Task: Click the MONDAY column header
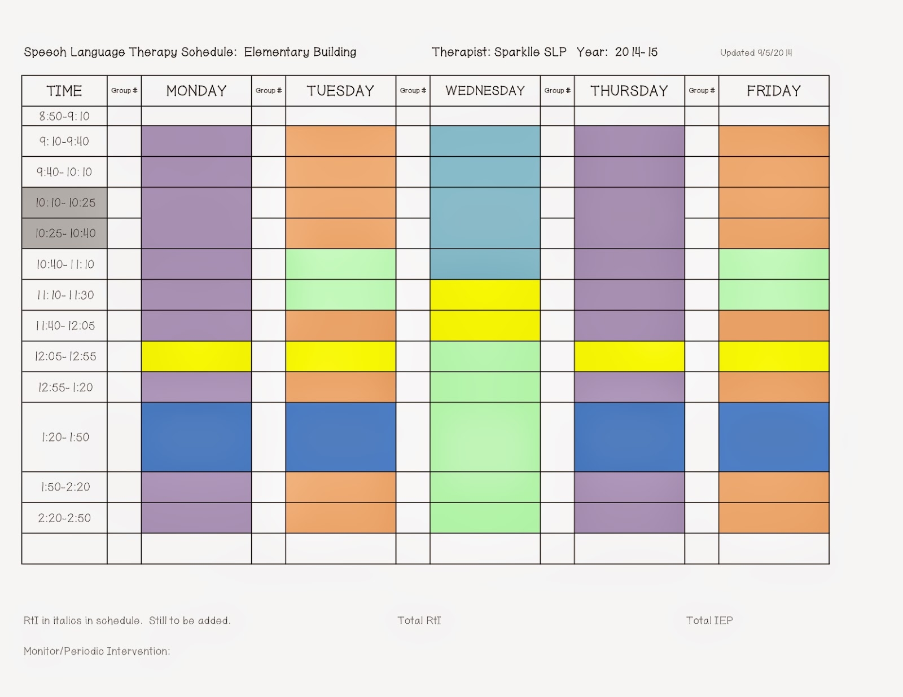point(196,91)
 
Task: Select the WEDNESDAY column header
point(485,91)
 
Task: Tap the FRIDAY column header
point(773,91)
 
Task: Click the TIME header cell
point(64,91)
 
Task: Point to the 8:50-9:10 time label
point(64,116)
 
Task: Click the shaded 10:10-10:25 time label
point(65,202)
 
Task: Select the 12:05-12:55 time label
point(65,356)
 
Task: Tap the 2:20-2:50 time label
point(64,518)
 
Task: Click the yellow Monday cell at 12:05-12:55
point(196,356)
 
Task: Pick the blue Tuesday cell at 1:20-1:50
point(340,437)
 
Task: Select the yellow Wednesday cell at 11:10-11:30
point(485,294)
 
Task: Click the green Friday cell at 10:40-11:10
point(773,264)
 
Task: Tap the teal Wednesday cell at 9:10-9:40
point(485,141)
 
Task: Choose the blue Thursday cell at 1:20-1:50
point(629,437)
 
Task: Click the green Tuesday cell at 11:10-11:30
point(340,294)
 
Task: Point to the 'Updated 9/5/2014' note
point(756,53)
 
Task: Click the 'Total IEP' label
point(709,621)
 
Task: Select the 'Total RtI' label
point(419,621)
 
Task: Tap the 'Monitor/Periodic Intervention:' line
point(97,651)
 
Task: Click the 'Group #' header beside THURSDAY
point(557,91)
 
